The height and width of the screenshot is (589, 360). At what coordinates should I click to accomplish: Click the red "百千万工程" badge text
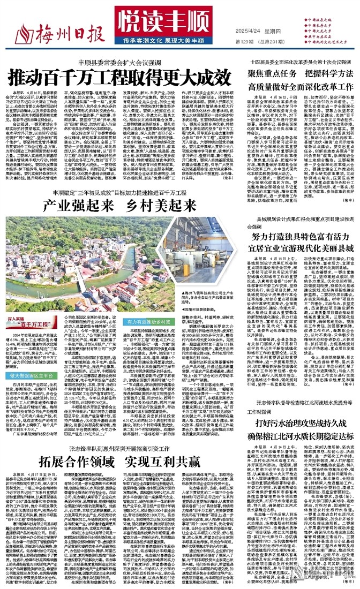coord(25,323)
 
